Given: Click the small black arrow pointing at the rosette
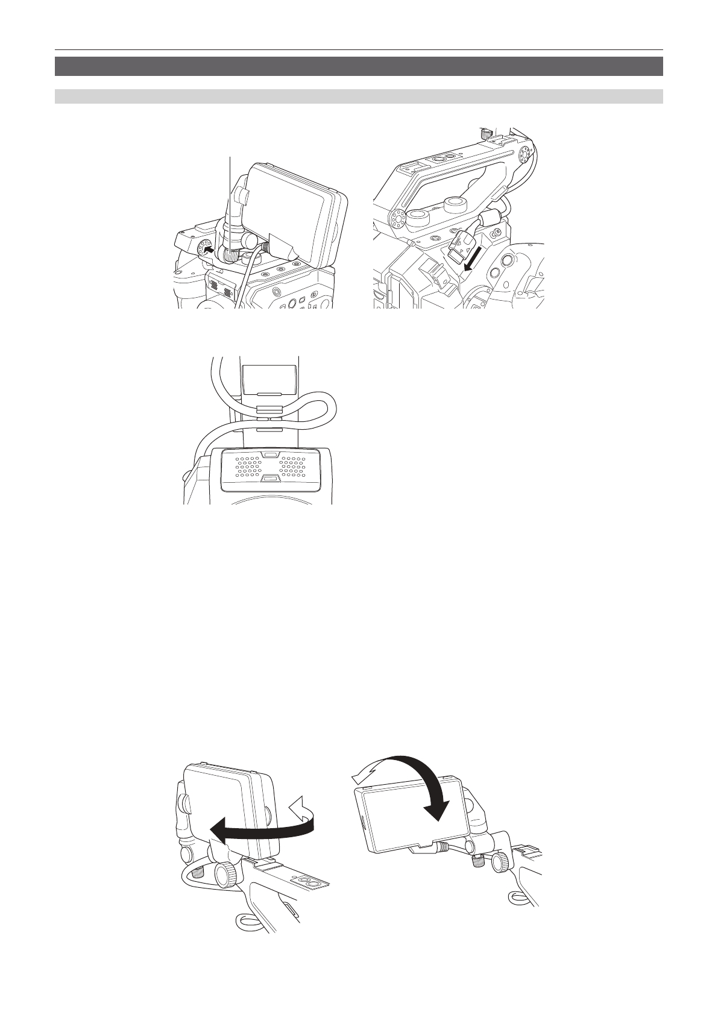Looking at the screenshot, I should click(x=208, y=248).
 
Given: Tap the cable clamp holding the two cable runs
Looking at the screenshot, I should click(x=269, y=413).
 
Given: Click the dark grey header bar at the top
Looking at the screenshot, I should click(x=359, y=66).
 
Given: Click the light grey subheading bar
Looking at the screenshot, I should click(x=359, y=96).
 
